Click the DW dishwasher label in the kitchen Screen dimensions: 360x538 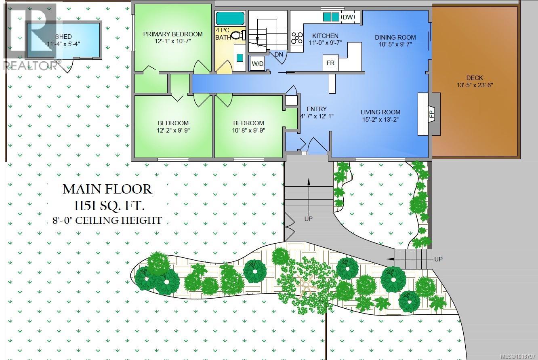click(x=347, y=17)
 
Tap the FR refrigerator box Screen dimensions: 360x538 click(x=330, y=63)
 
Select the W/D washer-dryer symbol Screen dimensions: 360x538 click(x=257, y=63)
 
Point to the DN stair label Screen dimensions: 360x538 click(x=279, y=54)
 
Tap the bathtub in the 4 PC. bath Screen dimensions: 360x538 click(x=230, y=19)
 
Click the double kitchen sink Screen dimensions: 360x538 click(x=332, y=17)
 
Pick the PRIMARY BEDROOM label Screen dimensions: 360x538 click(x=173, y=34)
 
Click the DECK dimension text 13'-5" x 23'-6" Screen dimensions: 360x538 click(x=474, y=85)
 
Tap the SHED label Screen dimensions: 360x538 click(x=64, y=36)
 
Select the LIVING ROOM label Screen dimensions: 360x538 click(x=380, y=112)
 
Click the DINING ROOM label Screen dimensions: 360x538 click(x=395, y=37)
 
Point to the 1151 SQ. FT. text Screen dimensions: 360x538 click(x=103, y=206)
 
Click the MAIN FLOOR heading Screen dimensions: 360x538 click(x=107, y=189)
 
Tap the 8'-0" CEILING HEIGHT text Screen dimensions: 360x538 click(x=107, y=221)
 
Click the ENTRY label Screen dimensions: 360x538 click(x=316, y=109)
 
